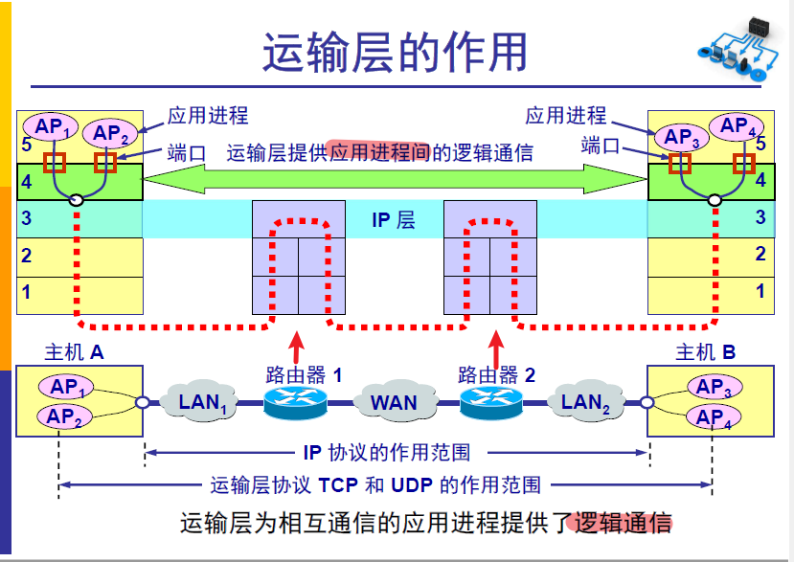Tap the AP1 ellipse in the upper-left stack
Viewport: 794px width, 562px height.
[x=54, y=127]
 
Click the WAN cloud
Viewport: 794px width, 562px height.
[x=394, y=401]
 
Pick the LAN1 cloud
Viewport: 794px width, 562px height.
[x=204, y=401]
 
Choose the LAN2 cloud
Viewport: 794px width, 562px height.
[x=586, y=401]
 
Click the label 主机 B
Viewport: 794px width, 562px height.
[x=706, y=351]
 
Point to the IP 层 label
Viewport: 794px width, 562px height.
[x=394, y=220]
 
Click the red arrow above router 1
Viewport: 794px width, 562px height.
[x=297, y=343]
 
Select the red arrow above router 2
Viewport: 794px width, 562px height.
[x=495, y=343]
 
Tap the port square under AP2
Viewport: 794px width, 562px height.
[x=105, y=163]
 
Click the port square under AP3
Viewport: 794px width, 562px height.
[x=680, y=163]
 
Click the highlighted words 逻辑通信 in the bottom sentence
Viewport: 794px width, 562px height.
[x=623, y=523]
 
